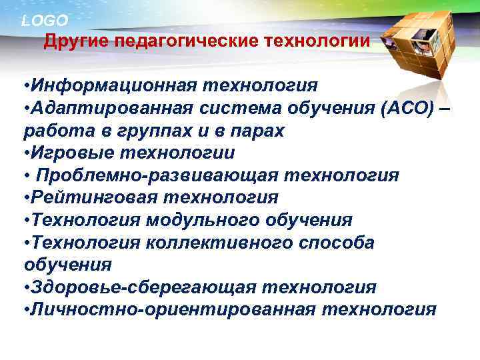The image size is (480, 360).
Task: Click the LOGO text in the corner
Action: [44, 21]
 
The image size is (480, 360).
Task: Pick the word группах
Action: [156, 131]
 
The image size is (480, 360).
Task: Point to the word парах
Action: [258, 131]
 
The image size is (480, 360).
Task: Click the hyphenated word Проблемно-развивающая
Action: [158, 175]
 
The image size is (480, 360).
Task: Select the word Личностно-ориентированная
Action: [171, 310]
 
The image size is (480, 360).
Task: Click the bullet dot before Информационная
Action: [25, 87]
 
